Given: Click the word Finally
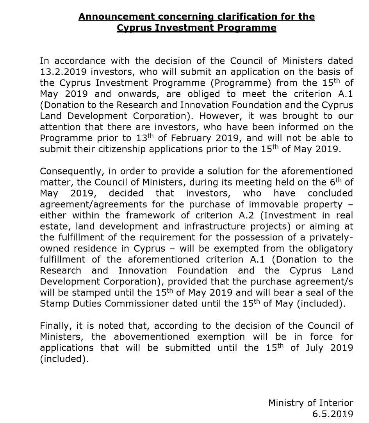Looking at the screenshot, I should (55, 326).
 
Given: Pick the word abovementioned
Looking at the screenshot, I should (152, 337).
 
